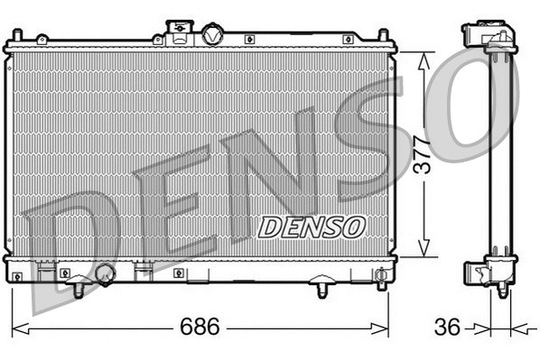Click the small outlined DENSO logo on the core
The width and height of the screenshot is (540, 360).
pyautogui.click(x=312, y=226)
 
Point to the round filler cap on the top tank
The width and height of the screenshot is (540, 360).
pyautogui.click(x=212, y=35)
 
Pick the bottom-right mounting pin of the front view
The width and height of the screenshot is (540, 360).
pyautogui.click(x=322, y=289)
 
